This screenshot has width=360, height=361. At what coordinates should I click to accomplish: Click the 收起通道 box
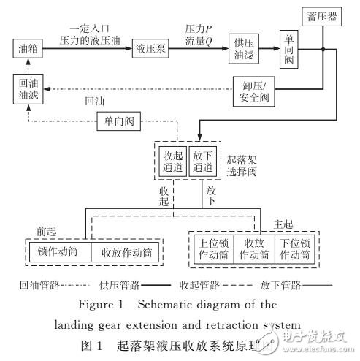point(173,161)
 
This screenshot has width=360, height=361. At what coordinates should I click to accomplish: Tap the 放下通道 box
point(202,161)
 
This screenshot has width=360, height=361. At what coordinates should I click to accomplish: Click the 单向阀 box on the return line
point(118,122)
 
